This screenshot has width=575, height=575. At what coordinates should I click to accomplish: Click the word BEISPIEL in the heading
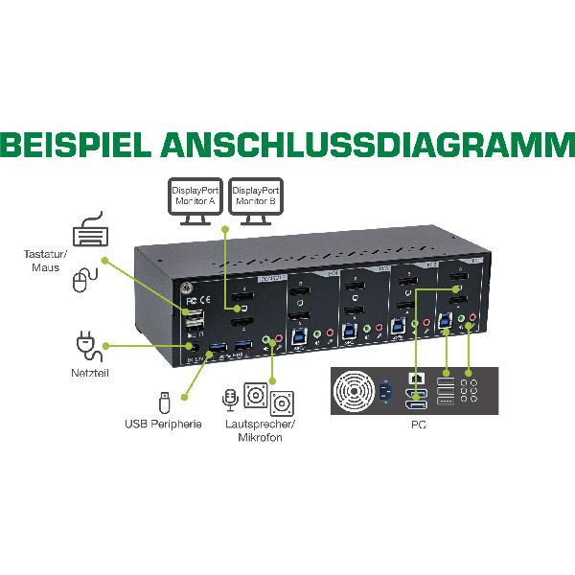[75, 145]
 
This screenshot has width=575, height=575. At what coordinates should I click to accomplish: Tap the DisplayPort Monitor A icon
[196, 201]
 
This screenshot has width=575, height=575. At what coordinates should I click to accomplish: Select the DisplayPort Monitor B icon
[256, 201]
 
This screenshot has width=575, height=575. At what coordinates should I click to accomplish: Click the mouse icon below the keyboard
[84, 280]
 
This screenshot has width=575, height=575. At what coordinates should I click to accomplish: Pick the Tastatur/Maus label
[42, 261]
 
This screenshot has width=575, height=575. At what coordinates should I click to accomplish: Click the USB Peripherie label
[163, 423]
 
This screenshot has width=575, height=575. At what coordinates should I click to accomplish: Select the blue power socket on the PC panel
[390, 391]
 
